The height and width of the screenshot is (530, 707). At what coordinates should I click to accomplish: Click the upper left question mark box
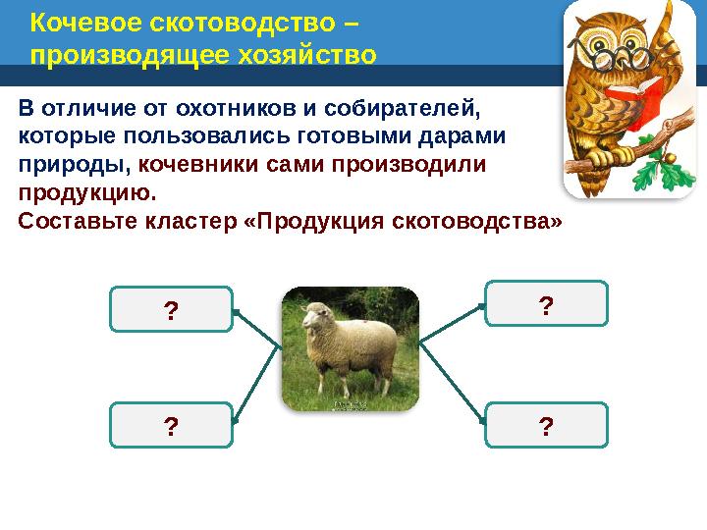[171, 311]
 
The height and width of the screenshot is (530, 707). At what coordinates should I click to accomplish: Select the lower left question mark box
[171, 426]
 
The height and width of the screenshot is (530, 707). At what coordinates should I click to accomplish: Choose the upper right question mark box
[546, 304]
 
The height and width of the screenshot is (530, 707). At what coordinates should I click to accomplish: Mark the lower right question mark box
[546, 425]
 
